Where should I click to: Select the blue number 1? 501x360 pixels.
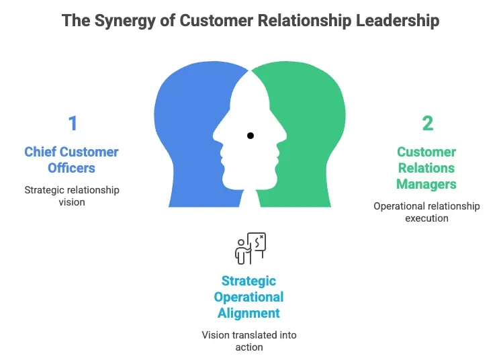(x=73, y=124)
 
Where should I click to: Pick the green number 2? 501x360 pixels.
(x=427, y=124)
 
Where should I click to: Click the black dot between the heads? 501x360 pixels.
(x=250, y=136)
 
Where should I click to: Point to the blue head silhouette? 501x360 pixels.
(x=185, y=134)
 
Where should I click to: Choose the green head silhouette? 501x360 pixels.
(x=316, y=134)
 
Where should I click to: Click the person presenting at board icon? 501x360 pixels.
(x=250, y=249)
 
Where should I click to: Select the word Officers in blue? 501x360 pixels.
(x=72, y=168)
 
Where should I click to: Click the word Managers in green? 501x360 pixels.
(x=426, y=184)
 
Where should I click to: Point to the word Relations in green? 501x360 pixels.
(x=426, y=168)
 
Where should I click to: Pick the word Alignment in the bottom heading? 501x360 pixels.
(x=249, y=313)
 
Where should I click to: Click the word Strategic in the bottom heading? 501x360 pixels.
(x=249, y=281)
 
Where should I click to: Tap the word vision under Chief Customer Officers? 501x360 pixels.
(x=72, y=202)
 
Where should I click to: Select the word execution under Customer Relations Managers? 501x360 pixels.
(x=426, y=218)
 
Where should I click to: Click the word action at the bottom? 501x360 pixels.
(x=249, y=347)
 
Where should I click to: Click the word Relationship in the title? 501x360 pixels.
(x=301, y=21)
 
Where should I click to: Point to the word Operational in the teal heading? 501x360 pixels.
(x=249, y=297)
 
